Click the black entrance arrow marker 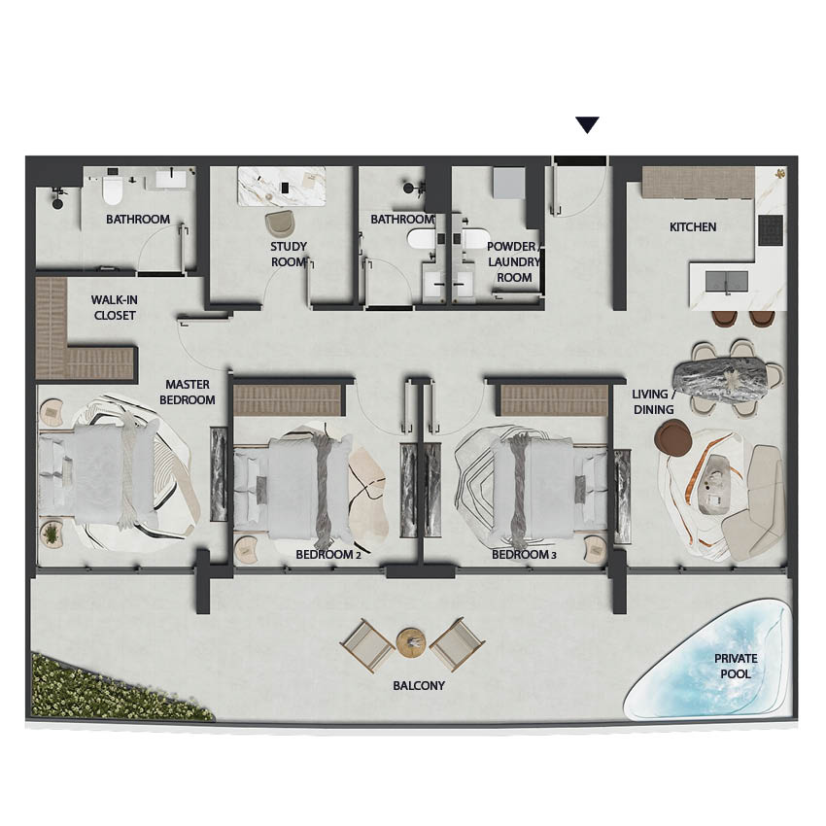click(587, 124)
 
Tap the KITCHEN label click(693, 227)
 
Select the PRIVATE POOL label click(736, 666)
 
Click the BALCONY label click(419, 685)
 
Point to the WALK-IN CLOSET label click(115, 308)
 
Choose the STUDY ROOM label click(289, 254)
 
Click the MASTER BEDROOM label click(187, 392)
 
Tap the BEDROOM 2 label click(328, 554)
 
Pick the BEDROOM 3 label click(524, 554)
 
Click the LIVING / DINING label click(653, 401)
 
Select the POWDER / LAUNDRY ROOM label click(514, 261)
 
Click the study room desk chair click(280, 224)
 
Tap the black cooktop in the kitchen click(771, 229)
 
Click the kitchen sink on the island click(727, 281)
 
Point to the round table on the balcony click(411, 642)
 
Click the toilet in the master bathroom click(112, 189)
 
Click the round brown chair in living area click(673, 439)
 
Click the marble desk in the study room click(282, 186)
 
